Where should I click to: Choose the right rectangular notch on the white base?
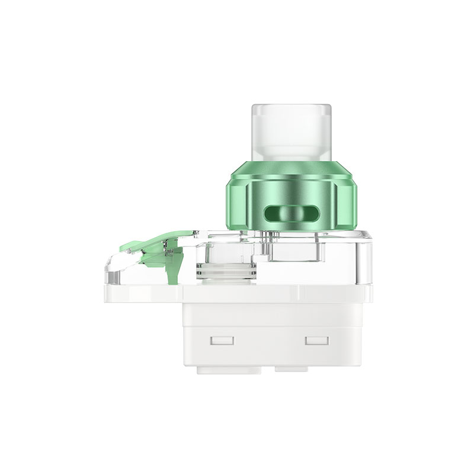(316, 341)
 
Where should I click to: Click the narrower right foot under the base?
(291, 369)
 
